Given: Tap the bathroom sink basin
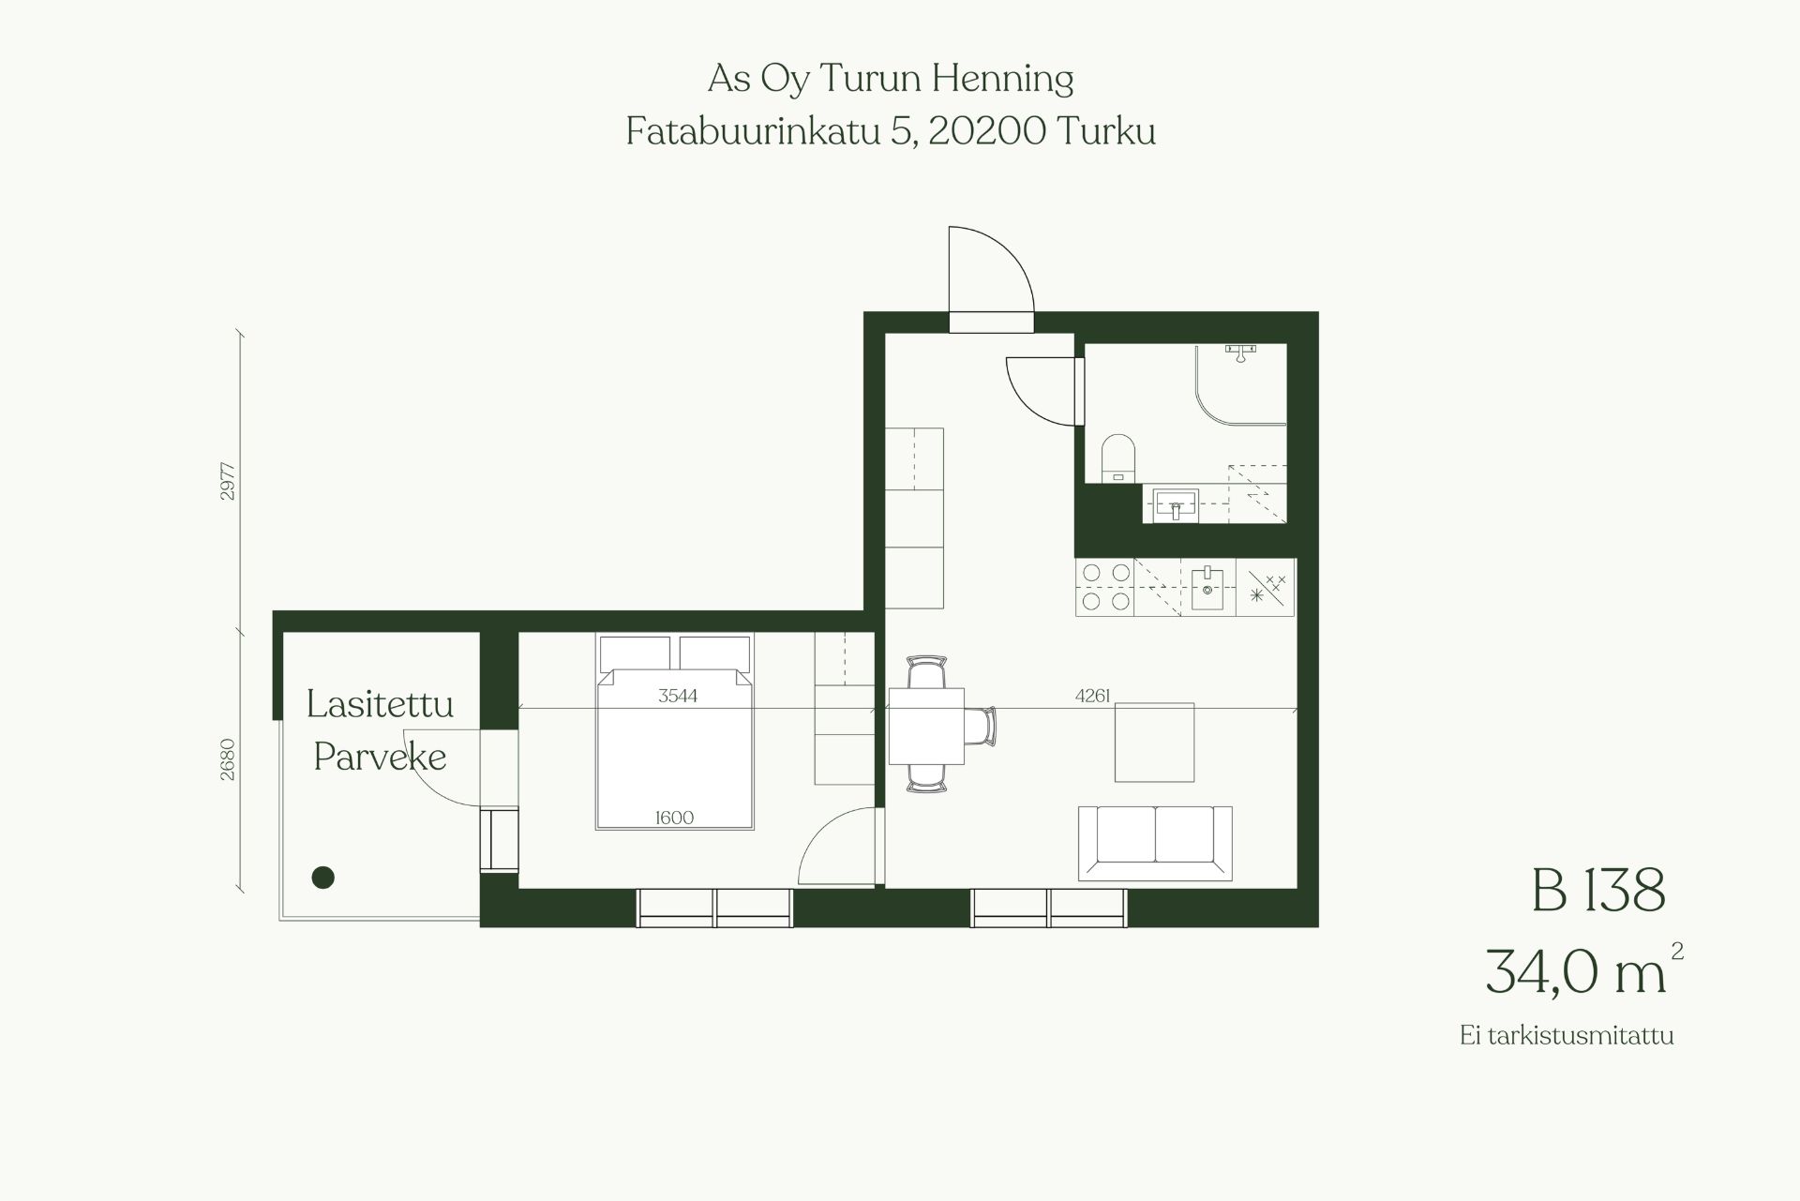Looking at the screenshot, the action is click(x=1177, y=505).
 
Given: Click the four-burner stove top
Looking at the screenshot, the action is click(x=1105, y=587).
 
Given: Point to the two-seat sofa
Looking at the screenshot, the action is click(x=1155, y=843).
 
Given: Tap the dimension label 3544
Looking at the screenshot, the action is click(x=678, y=696).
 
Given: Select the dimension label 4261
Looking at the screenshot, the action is click(x=1093, y=696).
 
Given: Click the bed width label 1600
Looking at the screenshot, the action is click(x=674, y=818).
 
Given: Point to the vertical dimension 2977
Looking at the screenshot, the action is click(x=228, y=481).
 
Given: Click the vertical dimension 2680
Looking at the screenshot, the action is click(x=228, y=759).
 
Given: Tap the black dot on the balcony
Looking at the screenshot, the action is click(x=323, y=878).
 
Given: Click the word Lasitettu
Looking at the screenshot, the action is click(x=380, y=704).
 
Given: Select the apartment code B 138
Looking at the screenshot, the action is click(x=1598, y=890).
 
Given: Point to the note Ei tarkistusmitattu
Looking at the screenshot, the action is click(x=1567, y=1036).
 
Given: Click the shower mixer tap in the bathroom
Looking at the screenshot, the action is click(x=1240, y=353).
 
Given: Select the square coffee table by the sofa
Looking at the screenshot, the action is click(x=1155, y=743).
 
